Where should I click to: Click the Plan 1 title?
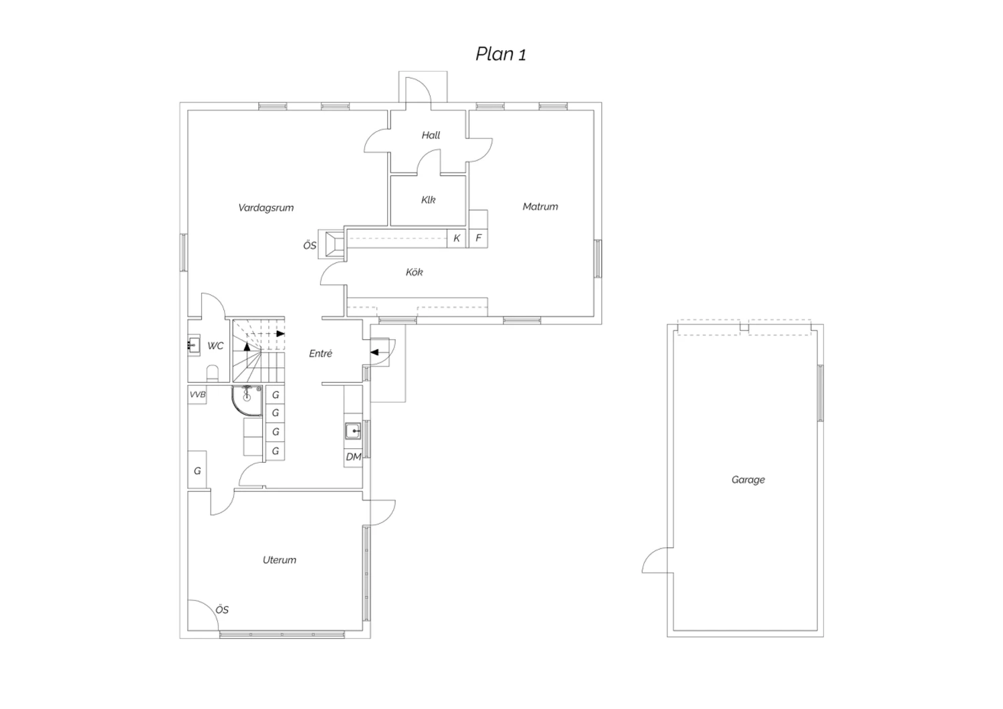coord(501,54)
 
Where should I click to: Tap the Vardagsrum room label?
coord(266,208)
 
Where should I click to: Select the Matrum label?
coord(540,207)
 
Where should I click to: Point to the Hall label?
coord(431,135)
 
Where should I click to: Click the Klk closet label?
coord(428,200)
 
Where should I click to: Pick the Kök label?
coord(414,272)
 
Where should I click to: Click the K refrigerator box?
coord(456,238)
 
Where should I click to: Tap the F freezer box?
coord(478,238)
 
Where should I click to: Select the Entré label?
coord(320,353)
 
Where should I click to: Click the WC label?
coord(215,346)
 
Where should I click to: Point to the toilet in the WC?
coord(212,374)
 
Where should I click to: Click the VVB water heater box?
coord(197,395)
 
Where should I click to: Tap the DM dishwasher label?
coord(354,457)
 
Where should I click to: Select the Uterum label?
coord(280,560)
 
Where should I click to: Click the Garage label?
coord(748,480)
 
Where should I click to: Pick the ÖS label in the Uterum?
coord(222,609)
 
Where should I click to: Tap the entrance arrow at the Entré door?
coord(374,352)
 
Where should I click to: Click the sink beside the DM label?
coord(353,431)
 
